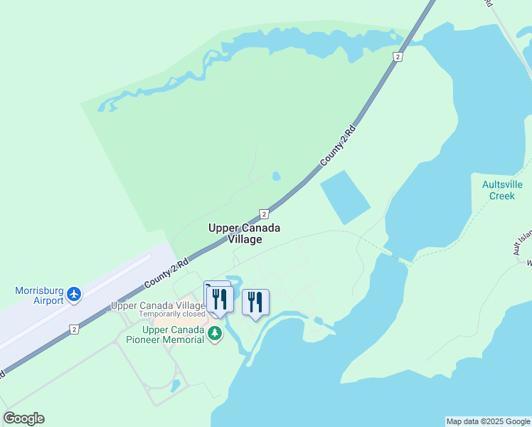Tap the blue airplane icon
[x=75, y=293]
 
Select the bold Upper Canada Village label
[x=244, y=233]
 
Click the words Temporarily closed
[x=171, y=314]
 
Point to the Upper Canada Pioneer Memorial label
[x=174, y=334]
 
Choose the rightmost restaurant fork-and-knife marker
[x=255, y=302]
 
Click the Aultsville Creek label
[x=502, y=190]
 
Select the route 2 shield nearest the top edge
[x=398, y=56]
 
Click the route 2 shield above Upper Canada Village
[x=264, y=213]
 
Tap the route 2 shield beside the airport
[x=74, y=329]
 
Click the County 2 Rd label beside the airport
[x=166, y=273]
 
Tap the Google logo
[x=23, y=418]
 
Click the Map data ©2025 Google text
[x=488, y=421]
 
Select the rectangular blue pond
[x=345, y=197]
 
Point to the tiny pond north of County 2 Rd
[x=276, y=176]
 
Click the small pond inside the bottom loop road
[x=176, y=386]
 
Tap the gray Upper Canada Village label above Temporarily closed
[x=157, y=305]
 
